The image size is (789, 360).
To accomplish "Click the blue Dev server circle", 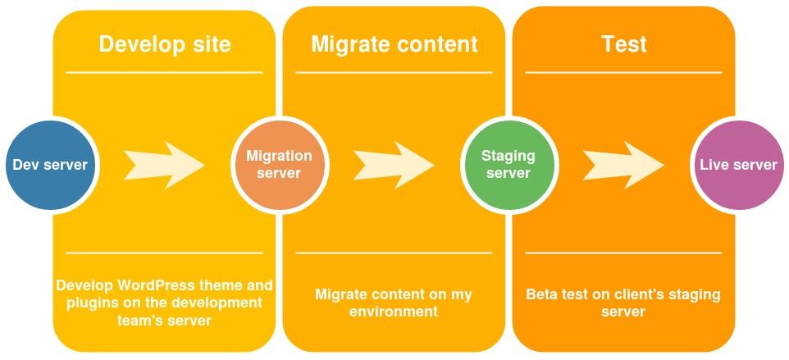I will (x=50, y=165).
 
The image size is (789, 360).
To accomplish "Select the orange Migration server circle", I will (x=279, y=165).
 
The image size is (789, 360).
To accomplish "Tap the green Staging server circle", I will (x=508, y=165).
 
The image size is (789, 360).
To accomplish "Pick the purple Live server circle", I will (x=738, y=165).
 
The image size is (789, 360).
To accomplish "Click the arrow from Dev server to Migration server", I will (x=164, y=165).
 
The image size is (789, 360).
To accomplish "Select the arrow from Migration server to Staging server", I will (x=394, y=165).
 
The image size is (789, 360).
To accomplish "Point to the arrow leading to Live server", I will (x=623, y=165).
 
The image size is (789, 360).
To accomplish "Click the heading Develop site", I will (x=165, y=43).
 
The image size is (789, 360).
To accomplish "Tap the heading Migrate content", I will (x=394, y=43).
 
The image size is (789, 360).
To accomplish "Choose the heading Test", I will (x=623, y=43).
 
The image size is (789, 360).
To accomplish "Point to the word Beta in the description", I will (x=542, y=294).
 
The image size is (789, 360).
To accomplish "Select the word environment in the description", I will (x=394, y=312).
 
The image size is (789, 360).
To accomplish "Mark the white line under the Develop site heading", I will (x=164, y=72).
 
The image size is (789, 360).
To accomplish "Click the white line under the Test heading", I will (x=623, y=72).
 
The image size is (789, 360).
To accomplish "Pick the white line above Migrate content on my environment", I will (x=394, y=253).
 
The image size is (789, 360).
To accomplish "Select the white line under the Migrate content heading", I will (x=394, y=72).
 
